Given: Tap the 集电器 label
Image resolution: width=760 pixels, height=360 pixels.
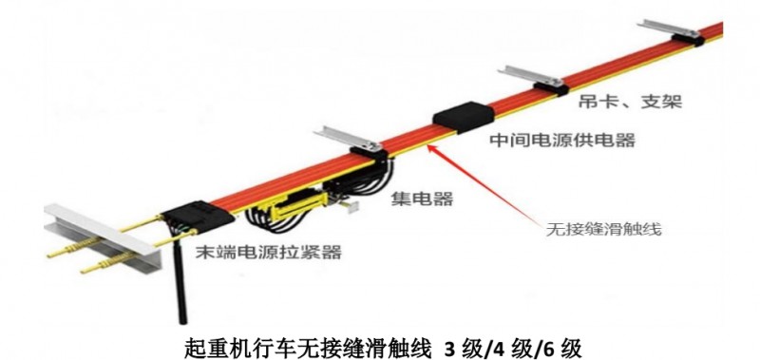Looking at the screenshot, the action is click(421, 199).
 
